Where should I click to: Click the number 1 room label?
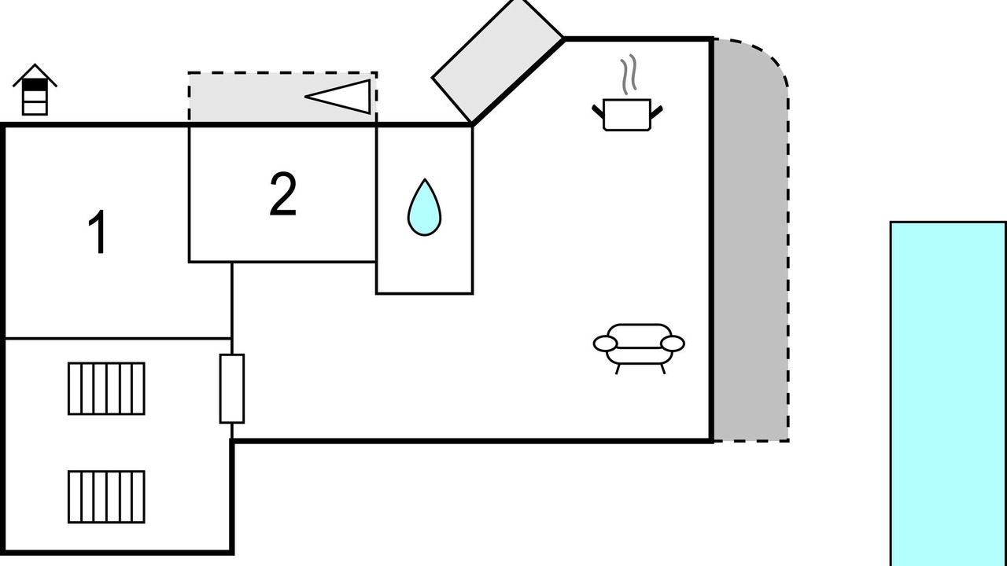tap(98, 233)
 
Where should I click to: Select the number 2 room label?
tap(283, 195)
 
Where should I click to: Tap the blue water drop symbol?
tap(424, 208)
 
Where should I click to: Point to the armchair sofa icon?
tap(639, 346)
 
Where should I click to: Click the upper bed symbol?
tap(106, 388)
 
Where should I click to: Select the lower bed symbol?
tap(106, 497)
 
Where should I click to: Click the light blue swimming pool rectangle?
tap(948, 393)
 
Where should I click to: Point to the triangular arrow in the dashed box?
tap(342, 96)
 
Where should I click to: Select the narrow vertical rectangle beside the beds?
tap(231, 388)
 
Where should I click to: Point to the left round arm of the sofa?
tap(605, 344)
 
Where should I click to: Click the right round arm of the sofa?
tap(673, 344)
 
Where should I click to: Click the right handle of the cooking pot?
tap(657, 112)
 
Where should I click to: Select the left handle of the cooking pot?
tap(597, 112)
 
